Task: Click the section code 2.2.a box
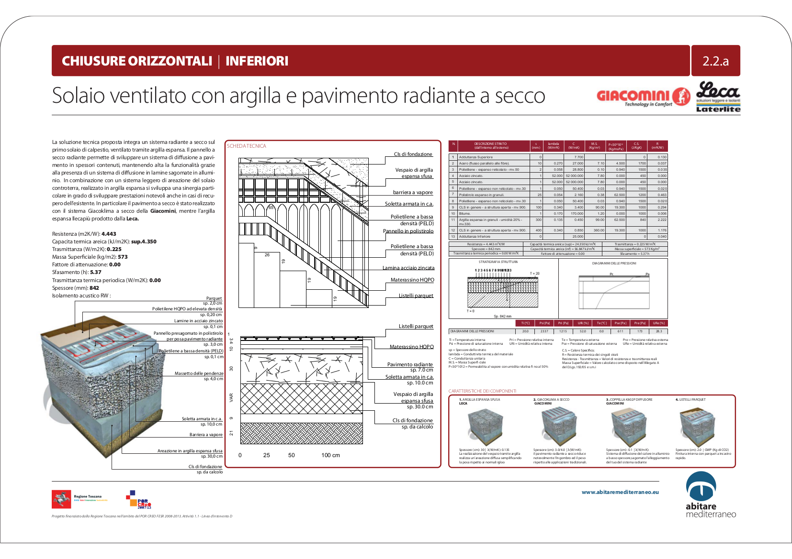tap(715, 61)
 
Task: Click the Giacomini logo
tap(643, 97)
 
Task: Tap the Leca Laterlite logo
tap(718, 97)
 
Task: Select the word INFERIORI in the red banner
tap(257, 61)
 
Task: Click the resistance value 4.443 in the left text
tap(109, 234)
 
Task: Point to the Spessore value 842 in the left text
tap(94, 288)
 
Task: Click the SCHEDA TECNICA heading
tap(246, 146)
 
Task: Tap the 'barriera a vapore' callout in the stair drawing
tap(412, 192)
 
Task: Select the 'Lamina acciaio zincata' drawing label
tap(408, 268)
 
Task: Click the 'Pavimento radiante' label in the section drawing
tap(409, 364)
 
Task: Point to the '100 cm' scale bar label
tap(330, 455)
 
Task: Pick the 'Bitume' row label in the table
tap(464, 214)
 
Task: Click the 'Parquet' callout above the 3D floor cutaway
tap(214, 298)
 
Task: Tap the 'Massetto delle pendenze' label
tap(199, 373)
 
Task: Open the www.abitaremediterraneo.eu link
tap(620, 492)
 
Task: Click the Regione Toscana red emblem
tap(61, 499)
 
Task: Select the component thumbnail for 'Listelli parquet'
tap(697, 425)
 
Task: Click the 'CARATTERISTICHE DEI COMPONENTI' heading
tap(482, 391)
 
